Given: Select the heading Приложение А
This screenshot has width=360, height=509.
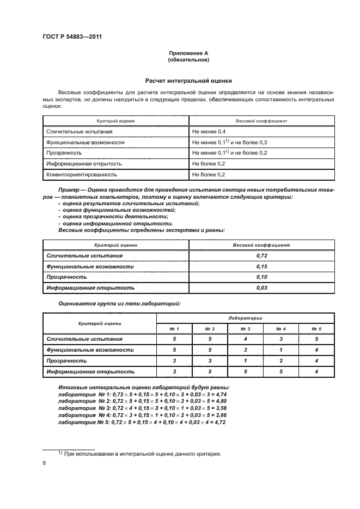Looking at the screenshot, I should pos(188,53).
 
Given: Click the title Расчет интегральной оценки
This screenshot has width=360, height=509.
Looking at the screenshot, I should pos(188,79).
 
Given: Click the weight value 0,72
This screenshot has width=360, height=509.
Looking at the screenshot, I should pos(261,255).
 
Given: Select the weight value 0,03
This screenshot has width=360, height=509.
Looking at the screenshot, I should pos(261,287).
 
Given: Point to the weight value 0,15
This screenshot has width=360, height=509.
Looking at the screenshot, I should pos(261,266).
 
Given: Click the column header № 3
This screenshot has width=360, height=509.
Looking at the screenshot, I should pos(245,329).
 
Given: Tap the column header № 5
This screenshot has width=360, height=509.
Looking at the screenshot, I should pos(316,329).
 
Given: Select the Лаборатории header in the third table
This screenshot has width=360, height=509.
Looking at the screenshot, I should pos(245,317).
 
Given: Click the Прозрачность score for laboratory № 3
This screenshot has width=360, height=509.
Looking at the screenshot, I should pos(245,360).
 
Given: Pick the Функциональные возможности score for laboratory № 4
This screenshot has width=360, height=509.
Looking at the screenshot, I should pos(281,349).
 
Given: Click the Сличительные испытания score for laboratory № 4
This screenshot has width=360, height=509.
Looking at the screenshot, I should pos(281,339).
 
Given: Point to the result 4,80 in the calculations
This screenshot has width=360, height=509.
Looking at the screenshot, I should pos(219,400).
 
